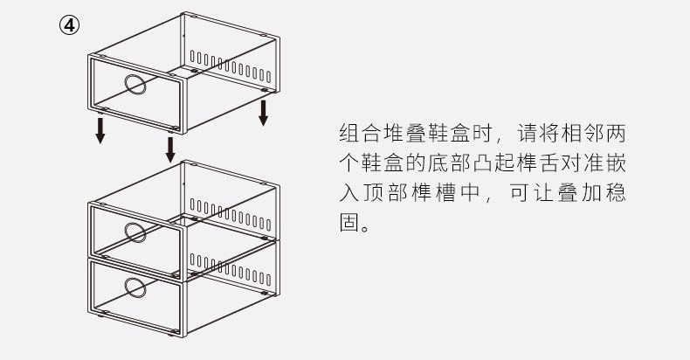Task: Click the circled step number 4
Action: (69, 24)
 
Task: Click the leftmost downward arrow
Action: (101, 130)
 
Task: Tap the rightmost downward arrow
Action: (263, 112)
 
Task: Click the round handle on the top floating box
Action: (135, 85)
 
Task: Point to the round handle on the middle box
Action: (135, 231)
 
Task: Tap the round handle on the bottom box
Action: (135, 287)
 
